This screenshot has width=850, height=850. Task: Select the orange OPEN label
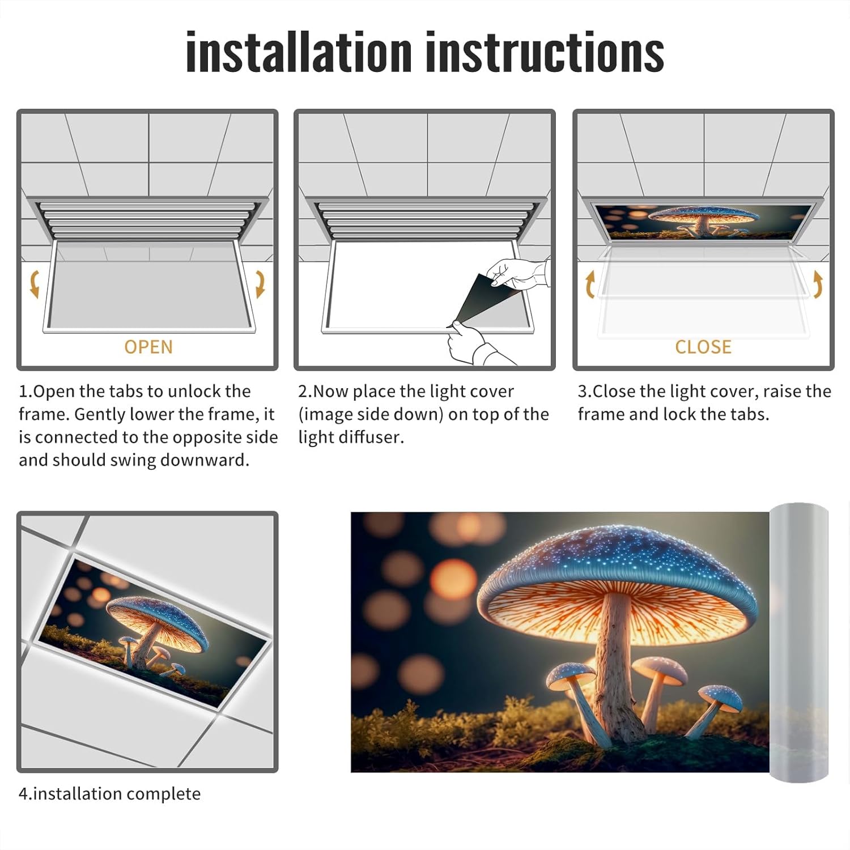pyautogui.click(x=148, y=347)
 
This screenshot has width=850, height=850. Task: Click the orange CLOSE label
pyautogui.click(x=703, y=347)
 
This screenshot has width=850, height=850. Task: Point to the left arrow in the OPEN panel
pyautogui.click(x=34, y=284)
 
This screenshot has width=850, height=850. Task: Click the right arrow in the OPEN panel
pyautogui.click(x=260, y=284)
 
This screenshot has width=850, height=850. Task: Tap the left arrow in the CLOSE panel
pyautogui.click(x=590, y=284)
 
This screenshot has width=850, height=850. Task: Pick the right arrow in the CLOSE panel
pyautogui.click(x=818, y=284)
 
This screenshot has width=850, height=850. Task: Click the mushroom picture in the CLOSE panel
pyautogui.click(x=703, y=222)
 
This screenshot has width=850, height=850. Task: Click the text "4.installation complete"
pyautogui.click(x=109, y=794)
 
